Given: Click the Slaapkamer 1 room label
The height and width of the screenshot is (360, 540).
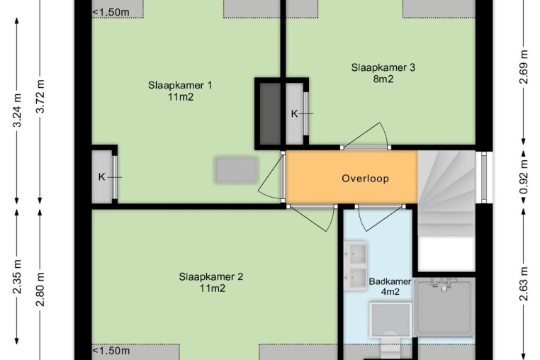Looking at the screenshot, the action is tap(180, 85).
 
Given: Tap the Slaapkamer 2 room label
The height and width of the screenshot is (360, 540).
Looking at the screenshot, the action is tap(211, 276).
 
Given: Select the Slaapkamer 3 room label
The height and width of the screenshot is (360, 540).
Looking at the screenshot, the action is tap(383, 67).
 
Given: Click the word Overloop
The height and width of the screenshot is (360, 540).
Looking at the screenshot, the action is tap(366, 179).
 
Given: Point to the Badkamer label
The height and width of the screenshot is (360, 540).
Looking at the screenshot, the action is tap(390, 282).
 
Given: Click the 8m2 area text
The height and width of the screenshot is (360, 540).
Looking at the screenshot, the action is tap(383, 79).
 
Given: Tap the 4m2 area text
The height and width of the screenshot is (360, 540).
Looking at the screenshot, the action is tap(390, 292).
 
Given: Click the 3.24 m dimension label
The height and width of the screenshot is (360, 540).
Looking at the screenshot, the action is tap(17, 111).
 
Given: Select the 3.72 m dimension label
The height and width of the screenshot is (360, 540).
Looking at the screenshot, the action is tap(40, 96).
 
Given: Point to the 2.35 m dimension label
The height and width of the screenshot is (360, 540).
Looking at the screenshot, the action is tap(17, 277).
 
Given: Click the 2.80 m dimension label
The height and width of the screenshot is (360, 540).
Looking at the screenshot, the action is tap(40, 289).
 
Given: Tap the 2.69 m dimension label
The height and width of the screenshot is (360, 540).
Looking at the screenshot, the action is tap(524, 67).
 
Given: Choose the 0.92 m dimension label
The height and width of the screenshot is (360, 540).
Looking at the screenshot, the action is tap(524, 177).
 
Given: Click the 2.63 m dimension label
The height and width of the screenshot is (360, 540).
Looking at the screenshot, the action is tap(524, 284).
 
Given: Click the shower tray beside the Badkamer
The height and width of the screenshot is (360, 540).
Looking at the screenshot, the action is tap(444, 308).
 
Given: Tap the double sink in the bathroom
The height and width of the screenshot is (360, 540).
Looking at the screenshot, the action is tap(356, 266).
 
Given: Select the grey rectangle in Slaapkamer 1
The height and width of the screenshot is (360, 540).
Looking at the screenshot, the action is tap(236, 169).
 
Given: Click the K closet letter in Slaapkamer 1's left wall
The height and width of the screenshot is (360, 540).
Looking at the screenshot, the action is tap(101, 177).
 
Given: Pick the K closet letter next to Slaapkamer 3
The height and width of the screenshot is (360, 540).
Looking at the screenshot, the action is tap(294, 113).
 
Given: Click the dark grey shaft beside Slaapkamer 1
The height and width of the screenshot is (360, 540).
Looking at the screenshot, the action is tap(270, 113).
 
